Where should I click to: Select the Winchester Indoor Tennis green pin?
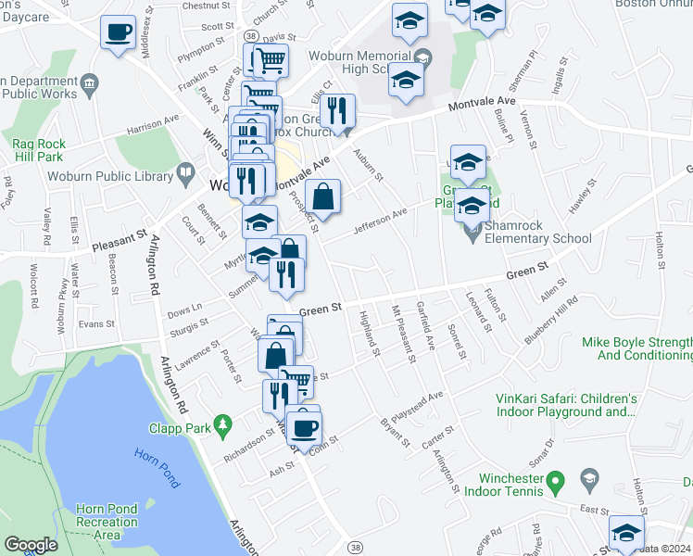555,481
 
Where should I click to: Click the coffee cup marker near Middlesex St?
118,32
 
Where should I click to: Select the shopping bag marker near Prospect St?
322,196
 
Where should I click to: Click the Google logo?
31,545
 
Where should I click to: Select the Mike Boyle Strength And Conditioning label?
636,348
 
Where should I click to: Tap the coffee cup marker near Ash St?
302,428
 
